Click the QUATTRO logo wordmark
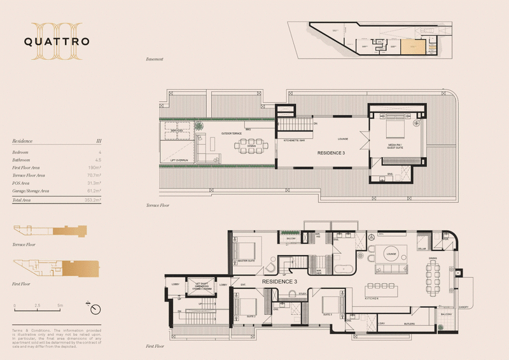tap(57, 42)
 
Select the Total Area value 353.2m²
tap(92, 200)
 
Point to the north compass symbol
tap(95, 309)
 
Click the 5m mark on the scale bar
tap(61, 306)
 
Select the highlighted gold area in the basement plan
tap(412, 46)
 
